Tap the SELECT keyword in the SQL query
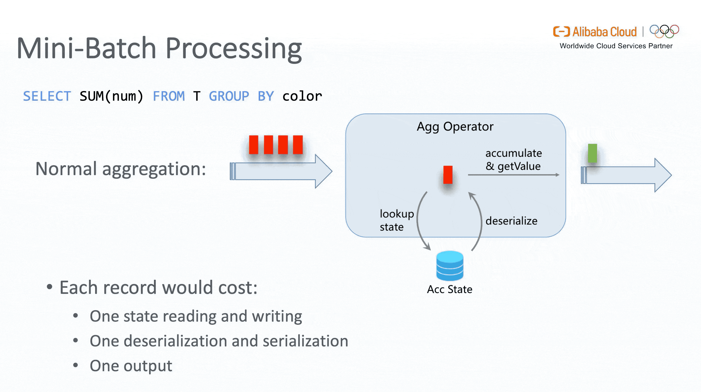pyautogui.click(x=47, y=96)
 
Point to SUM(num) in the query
pyautogui.click(x=111, y=96)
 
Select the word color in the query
pyautogui.click(x=302, y=96)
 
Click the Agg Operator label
pyautogui.click(x=455, y=127)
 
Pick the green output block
pyautogui.click(x=592, y=153)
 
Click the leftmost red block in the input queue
pyautogui.click(x=254, y=145)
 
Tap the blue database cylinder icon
pyautogui.click(x=449, y=266)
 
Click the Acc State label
pyautogui.click(x=449, y=289)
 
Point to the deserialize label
pyautogui.click(x=511, y=221)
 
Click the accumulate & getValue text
pyautogui.click(x=514, y=160)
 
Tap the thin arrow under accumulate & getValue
pyautogui.click(x=513, y=175)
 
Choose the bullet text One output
pyautogui.click(x=131, y=366)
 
